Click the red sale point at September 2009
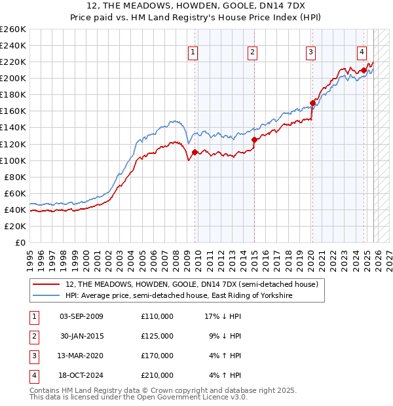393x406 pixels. [x=195, y=152]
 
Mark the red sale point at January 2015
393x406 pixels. [x=254, y=139]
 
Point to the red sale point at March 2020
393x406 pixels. [x=312, y=103]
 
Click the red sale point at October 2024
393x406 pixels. [x=364, y=70]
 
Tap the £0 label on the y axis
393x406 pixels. [x=20, y=242]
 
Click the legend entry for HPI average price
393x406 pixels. [x=178, y=296]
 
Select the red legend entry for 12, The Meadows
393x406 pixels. [x=191, y=284]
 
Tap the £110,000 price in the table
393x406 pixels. [x=157, y=316]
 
